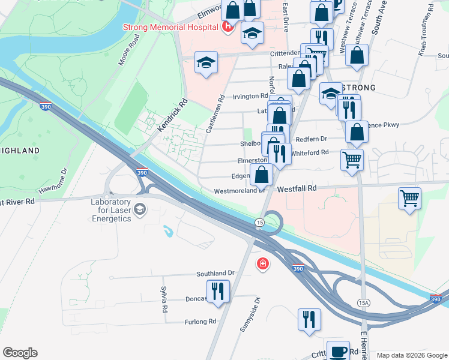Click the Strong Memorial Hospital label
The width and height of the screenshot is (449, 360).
(x=170, y=27)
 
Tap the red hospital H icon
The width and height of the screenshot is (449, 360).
(x=228, y=26)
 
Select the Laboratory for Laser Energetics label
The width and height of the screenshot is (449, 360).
(x=111, y=210)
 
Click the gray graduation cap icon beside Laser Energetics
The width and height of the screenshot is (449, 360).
(x=140, y=209)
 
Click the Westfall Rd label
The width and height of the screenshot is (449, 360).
(x=297, y=188)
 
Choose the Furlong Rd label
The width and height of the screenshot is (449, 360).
(x=200, y=322)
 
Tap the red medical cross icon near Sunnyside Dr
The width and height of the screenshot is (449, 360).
(x=262, y=263)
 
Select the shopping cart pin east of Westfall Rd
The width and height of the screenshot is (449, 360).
(x=409, y=199)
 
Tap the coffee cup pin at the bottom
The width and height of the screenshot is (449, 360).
(x=338, y=351)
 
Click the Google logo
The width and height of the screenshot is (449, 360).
(x=20, y=353)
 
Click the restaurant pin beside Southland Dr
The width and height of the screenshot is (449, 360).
(x=218, y=291)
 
